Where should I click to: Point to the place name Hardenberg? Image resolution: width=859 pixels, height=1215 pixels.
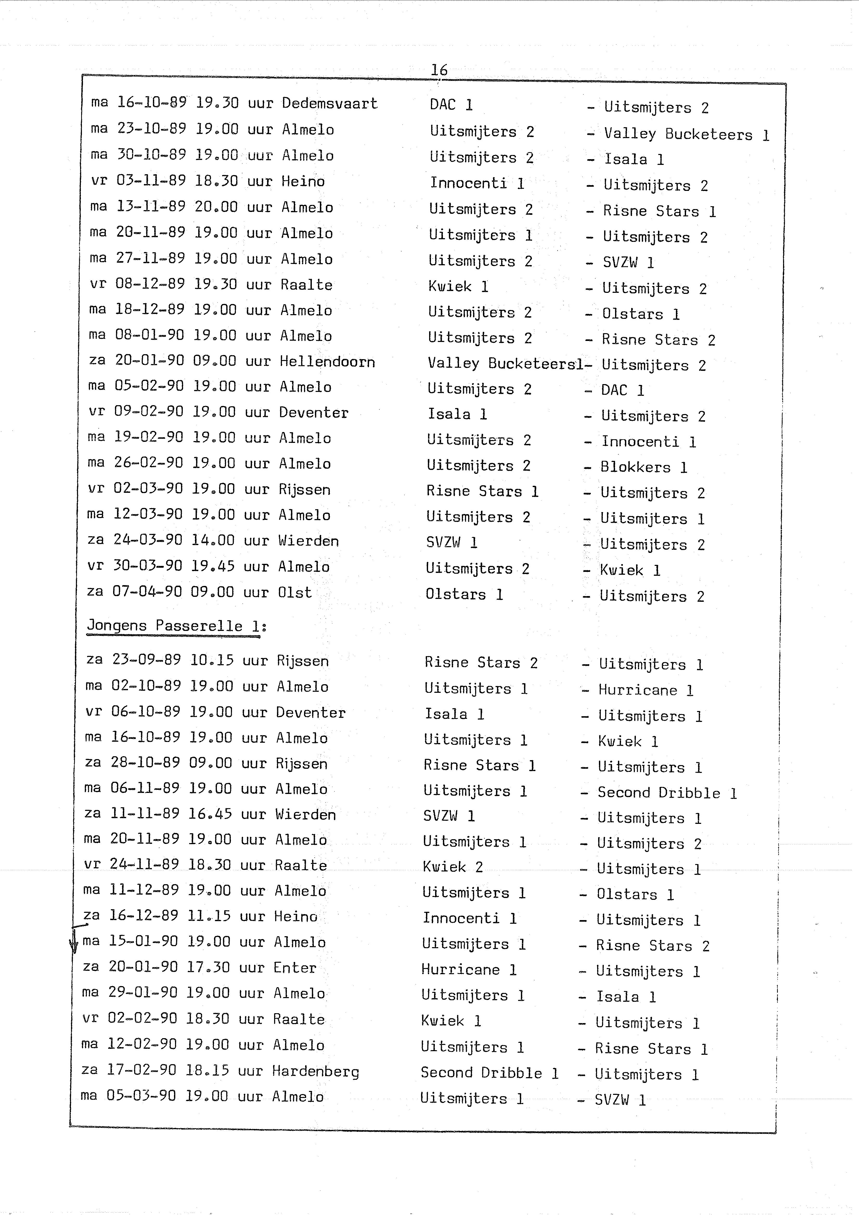tap(315, 1072)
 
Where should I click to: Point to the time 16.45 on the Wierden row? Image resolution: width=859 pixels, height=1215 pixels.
tap(210, 814)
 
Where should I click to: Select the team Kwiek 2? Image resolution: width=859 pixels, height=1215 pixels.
tap(453, 867)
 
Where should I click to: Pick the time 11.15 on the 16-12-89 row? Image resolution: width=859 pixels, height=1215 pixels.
tap(209, 916)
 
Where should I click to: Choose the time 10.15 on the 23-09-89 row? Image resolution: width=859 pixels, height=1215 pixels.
tap(212, 660)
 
